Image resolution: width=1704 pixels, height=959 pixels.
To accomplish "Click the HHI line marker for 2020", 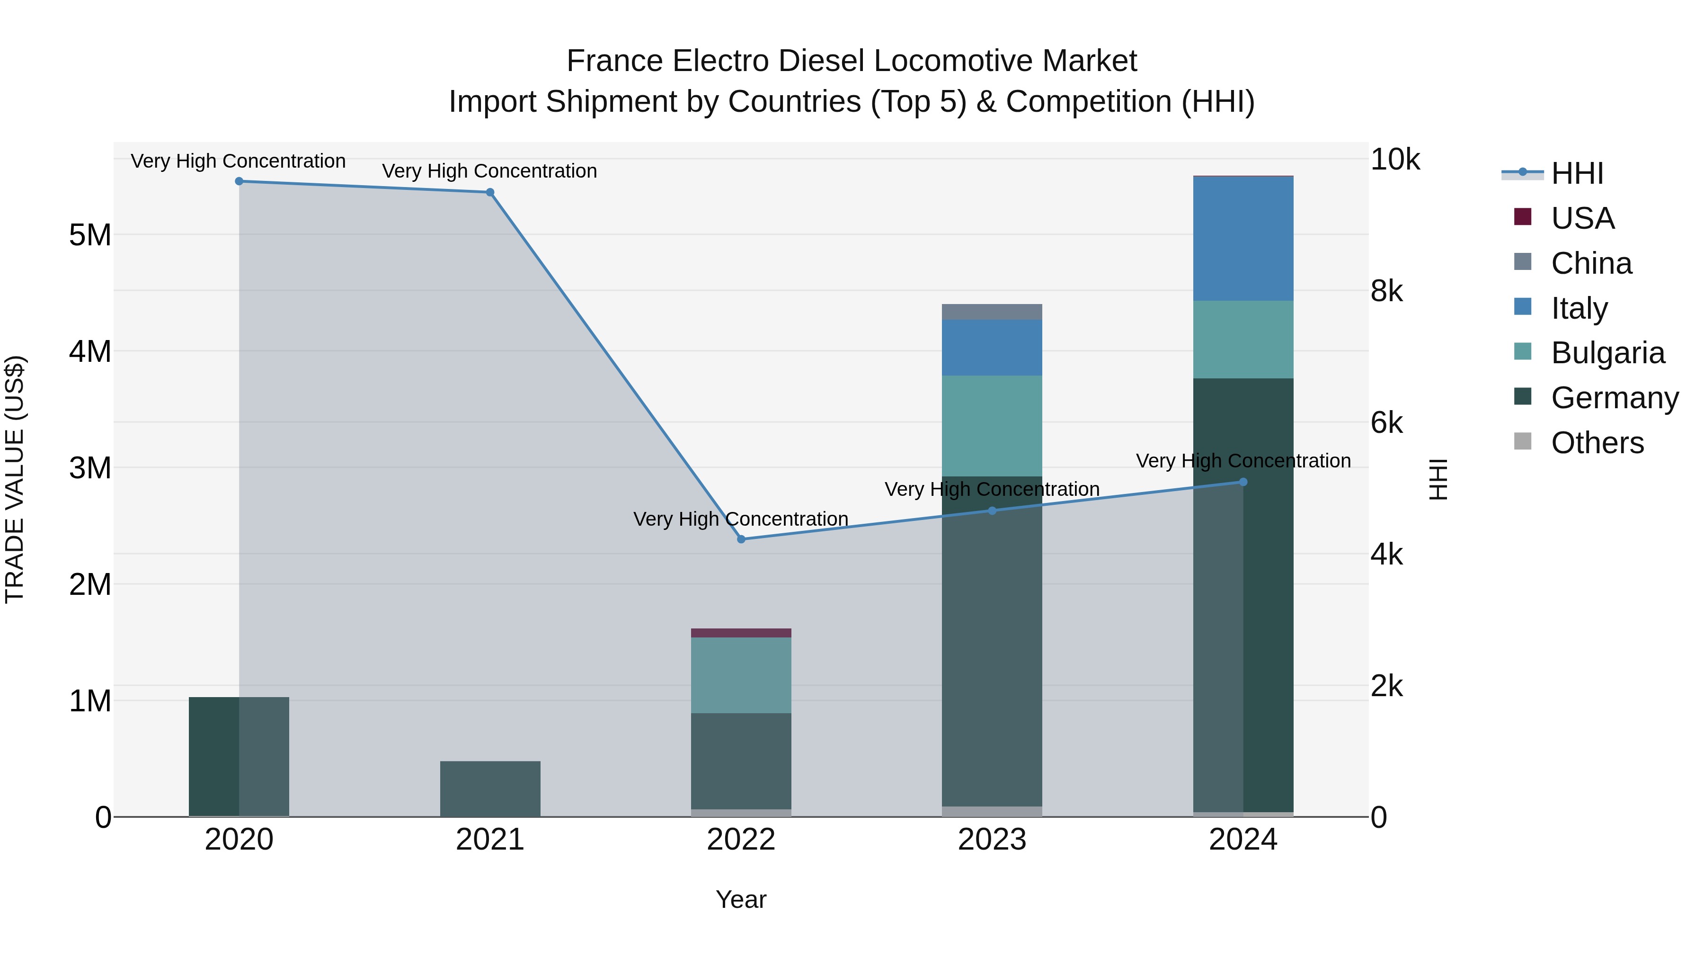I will [239, 181].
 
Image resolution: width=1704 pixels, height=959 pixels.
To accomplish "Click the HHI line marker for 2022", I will [741, 539].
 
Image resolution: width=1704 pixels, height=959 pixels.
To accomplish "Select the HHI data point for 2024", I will [1242, 483].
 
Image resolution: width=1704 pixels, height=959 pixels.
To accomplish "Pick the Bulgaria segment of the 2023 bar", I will [992, 426].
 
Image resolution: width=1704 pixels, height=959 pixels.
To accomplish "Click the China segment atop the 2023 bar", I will [992, 312].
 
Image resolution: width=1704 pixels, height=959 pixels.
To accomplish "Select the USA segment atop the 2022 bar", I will [741, 633].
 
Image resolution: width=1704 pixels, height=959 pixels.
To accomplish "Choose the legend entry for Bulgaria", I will [1607, 353].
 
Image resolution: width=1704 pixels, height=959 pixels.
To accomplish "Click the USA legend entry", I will [1582, 218].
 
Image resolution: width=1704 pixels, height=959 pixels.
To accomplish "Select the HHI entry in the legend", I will [1577, 173].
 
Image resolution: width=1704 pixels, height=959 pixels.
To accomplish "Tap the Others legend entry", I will [1597, 443].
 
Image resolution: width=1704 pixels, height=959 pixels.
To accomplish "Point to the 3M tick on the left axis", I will [90, 468].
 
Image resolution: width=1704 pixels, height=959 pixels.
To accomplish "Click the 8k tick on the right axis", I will [1386, 291].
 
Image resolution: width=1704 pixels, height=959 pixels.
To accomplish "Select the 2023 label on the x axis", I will [992, 840].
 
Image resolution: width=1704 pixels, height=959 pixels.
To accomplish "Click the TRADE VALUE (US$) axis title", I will [15, 479].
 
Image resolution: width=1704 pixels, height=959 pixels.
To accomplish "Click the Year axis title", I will [741, 899].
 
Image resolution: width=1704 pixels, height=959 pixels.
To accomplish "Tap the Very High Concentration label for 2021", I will [489, 171].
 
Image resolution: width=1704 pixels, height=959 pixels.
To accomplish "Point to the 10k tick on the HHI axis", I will [1394, 160].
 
